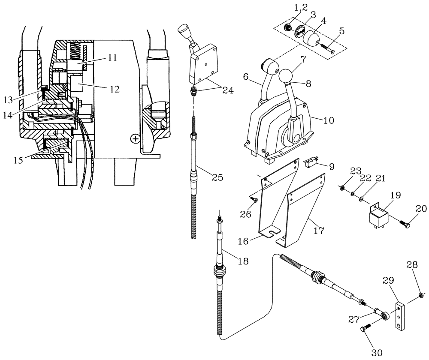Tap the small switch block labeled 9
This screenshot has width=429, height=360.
coord(310,163)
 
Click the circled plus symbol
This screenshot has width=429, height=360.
coord(136,139)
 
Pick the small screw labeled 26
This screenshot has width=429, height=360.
coord(253,199)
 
